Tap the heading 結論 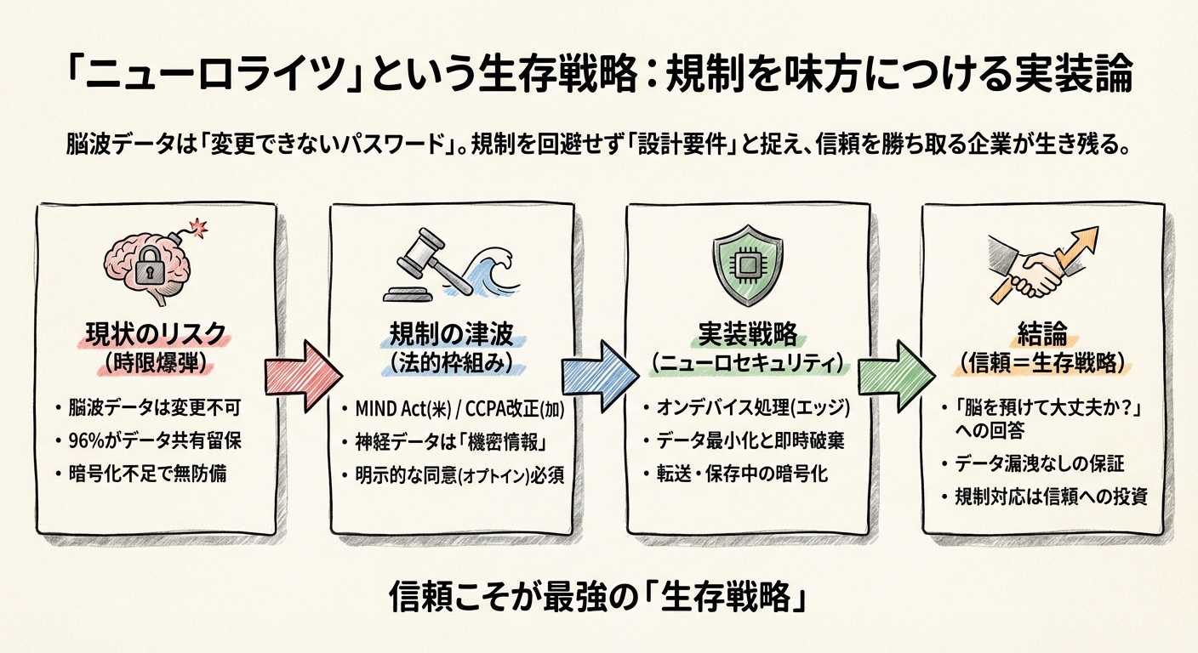pyautogui.click(x=1042, y=333)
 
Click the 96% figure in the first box pyautogui.click(x=84, y=441)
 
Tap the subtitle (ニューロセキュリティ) pyautogui.click(x=749, y=363)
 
